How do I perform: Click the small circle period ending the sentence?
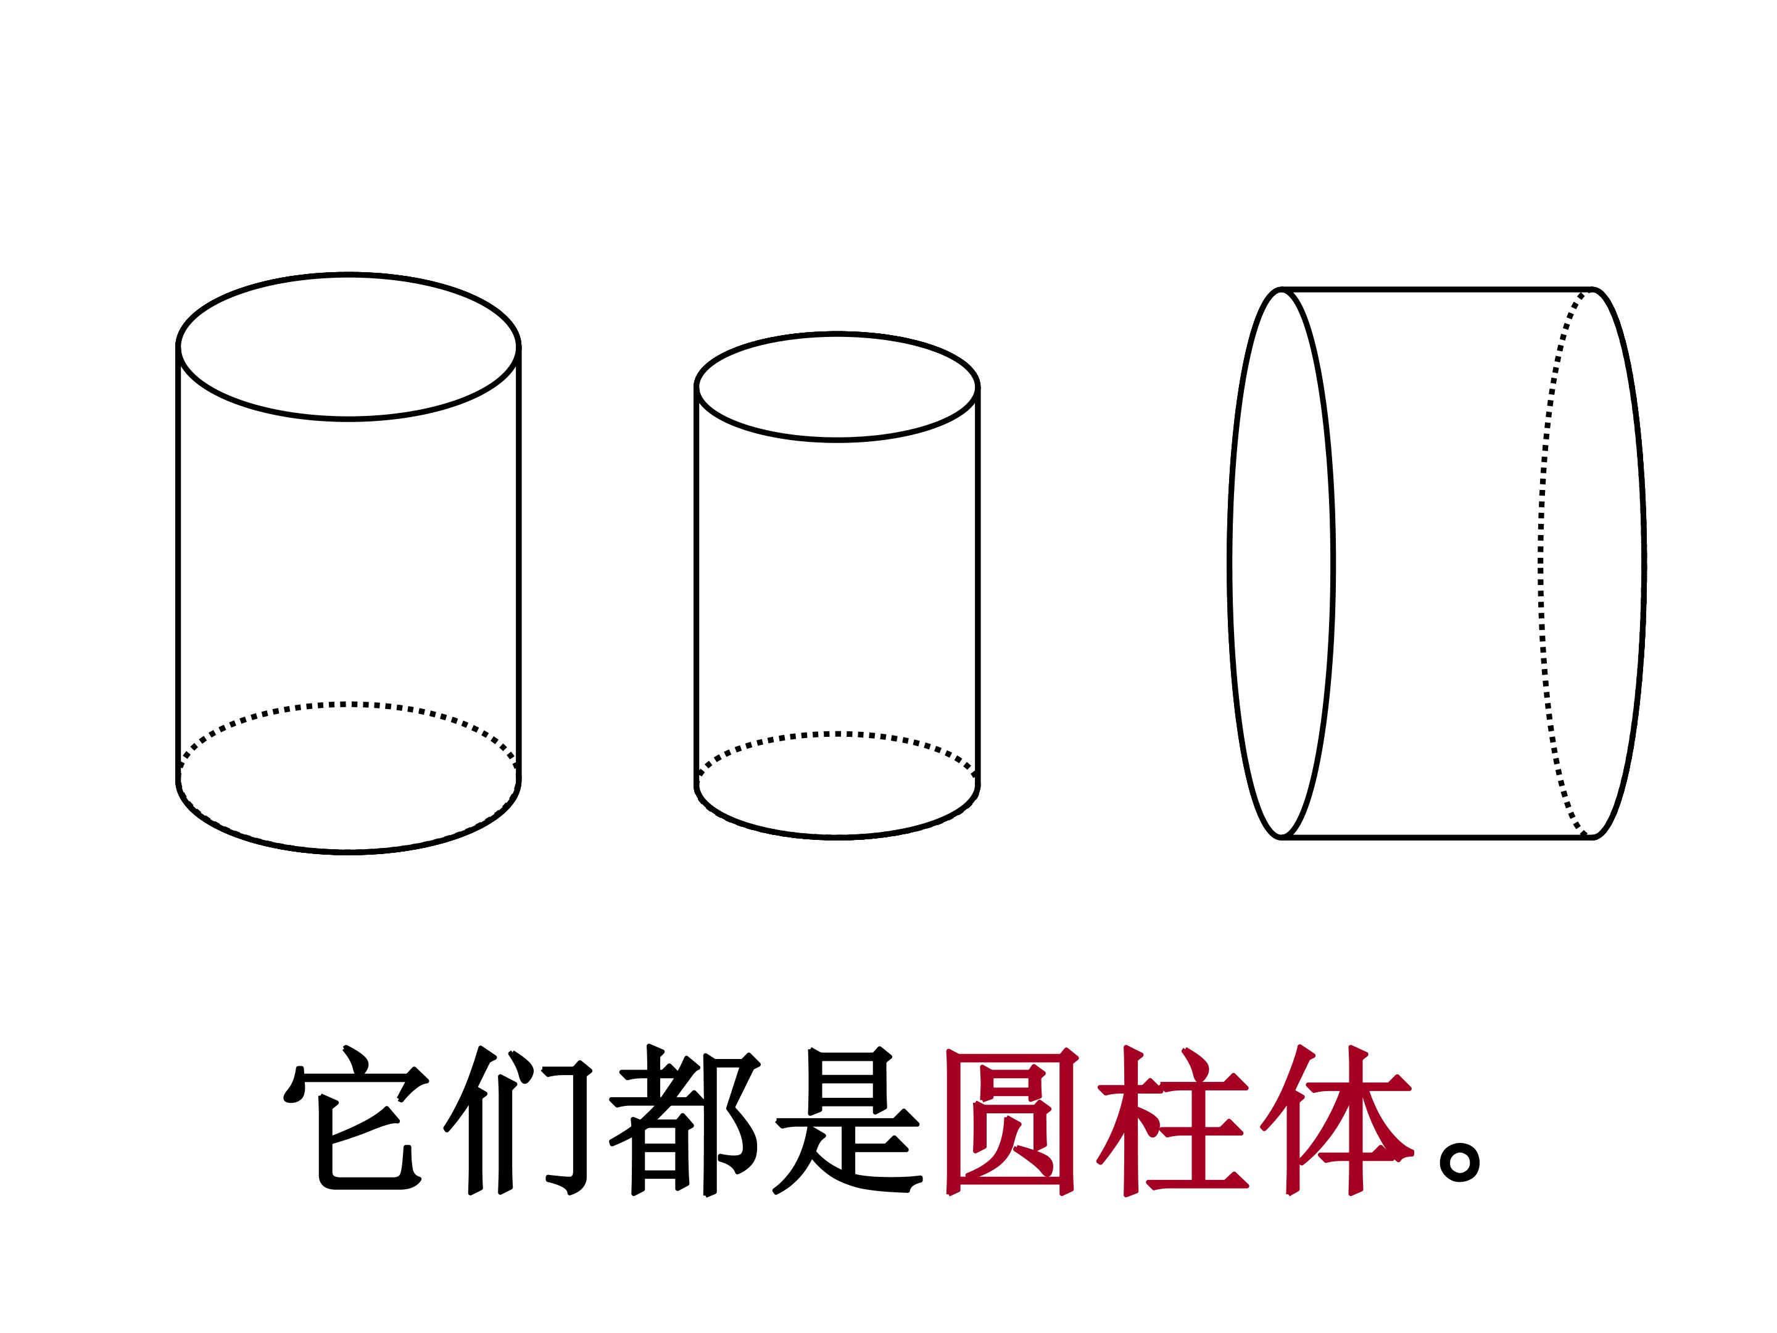[1460, 1165]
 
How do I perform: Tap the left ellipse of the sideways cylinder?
[1229, 562]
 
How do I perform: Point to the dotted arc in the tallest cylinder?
[349, 705]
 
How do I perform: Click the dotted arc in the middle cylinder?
[837, 734]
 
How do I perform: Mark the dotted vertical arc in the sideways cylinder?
[1541, 562]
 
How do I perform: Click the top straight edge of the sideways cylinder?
[1436, 288]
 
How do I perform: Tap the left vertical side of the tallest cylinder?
[178, 562]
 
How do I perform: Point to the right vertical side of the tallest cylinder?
[519, 562]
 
